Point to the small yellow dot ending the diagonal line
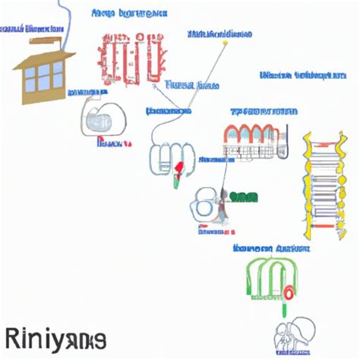click(x=226, y=43)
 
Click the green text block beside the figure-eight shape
click(x=242, y=198)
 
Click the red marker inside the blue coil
click(x=179, y=168)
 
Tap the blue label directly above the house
click(x=34, y=29)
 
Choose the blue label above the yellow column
click(x=298, y=75)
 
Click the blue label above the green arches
click(x=270, y=248)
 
